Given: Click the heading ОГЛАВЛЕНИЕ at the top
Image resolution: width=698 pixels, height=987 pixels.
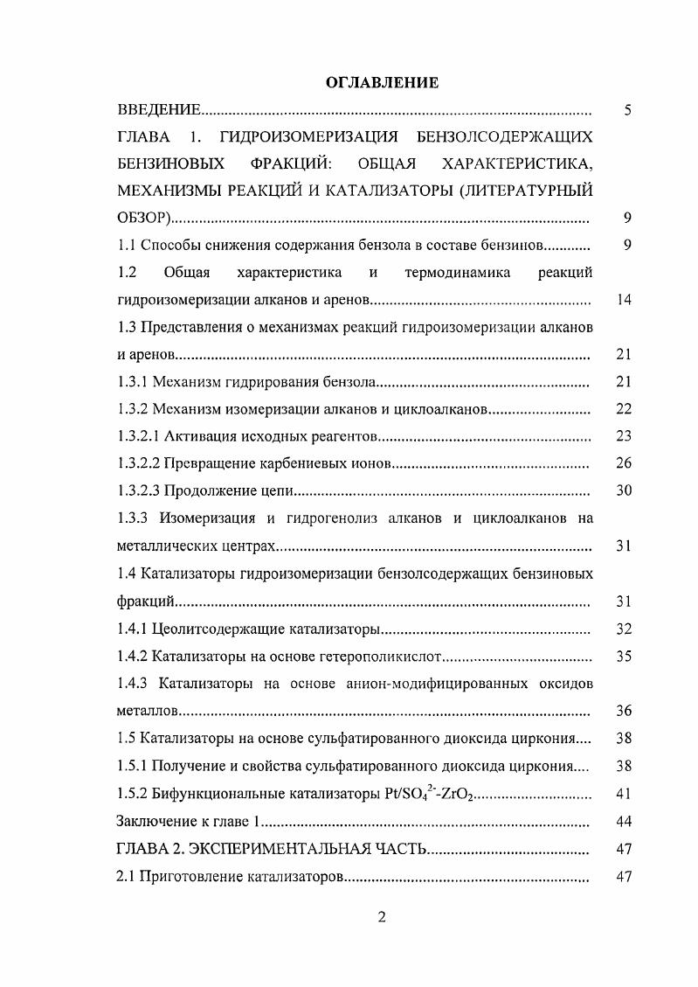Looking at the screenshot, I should click(381, 82).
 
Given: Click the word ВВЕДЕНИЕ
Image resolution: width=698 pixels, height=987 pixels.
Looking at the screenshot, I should click(160, 110).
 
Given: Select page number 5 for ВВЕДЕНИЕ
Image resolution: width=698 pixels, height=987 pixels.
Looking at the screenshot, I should click(626, 110).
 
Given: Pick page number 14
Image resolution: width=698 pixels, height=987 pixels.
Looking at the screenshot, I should click(623, 300).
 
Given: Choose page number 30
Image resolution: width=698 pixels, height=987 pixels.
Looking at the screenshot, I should click(623, 490).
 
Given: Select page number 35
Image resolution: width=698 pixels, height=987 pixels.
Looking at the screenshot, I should click(623, 655).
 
